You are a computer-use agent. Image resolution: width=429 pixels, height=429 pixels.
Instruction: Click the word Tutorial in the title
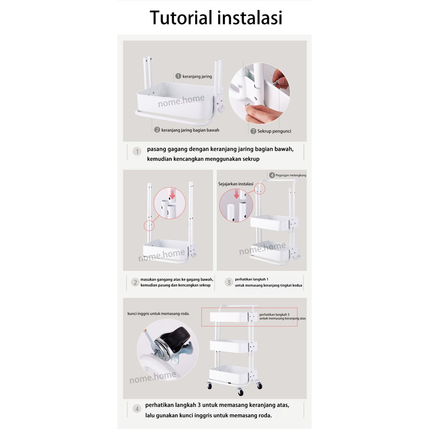click(181, 18)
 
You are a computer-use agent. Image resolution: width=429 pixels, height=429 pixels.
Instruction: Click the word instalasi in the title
click(250, 18)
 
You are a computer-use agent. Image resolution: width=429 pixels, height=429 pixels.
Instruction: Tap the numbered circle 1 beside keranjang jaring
click(178, 76)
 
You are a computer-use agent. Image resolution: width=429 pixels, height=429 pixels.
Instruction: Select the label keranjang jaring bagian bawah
click(190, 130)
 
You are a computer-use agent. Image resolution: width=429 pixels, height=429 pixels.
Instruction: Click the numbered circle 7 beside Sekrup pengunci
click(253, 131)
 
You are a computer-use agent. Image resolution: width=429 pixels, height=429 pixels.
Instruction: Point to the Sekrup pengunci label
click(274, 131)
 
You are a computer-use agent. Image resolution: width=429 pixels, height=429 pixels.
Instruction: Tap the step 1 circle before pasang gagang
click(137, 151)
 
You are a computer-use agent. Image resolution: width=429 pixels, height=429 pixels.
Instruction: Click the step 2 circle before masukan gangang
click(135, 282)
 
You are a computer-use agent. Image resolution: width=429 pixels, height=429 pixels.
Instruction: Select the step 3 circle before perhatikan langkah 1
click(229, 282)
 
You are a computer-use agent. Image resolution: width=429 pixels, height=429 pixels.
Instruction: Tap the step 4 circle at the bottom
click(137, 409)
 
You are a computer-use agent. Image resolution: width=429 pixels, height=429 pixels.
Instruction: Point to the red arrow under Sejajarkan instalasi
click(237, 194)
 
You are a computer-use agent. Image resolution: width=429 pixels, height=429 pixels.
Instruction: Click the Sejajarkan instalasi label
click(236, 184)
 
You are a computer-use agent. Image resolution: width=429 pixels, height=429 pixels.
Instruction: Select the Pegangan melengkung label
click(291, 176)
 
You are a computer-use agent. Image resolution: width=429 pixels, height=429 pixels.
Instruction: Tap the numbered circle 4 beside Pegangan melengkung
click(272, 175)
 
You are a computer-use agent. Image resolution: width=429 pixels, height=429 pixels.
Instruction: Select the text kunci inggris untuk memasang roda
click(158, 314)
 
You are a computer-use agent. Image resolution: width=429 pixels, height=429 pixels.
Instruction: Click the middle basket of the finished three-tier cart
click(233, 346)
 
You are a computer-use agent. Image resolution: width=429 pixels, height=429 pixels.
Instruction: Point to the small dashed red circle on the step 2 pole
click(149, 226)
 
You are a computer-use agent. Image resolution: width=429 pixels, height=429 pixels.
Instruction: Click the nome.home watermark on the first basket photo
click(181, 101)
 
